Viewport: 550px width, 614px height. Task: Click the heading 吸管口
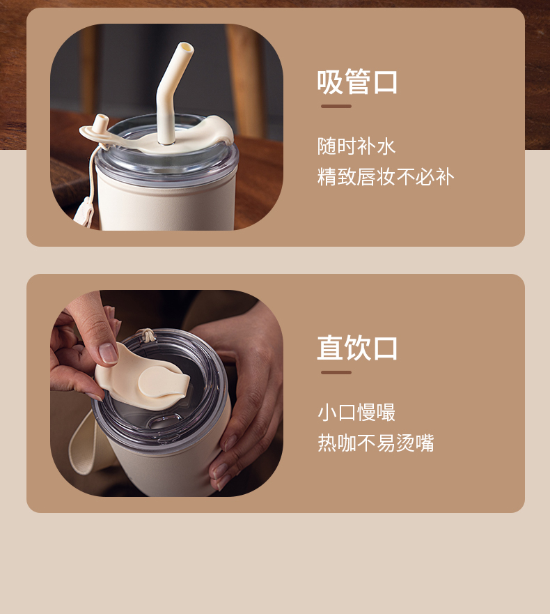357,82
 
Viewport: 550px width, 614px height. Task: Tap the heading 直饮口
357,348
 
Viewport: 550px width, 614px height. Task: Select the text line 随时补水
356,146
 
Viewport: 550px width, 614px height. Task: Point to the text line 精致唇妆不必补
386,176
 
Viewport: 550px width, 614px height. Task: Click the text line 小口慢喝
356,413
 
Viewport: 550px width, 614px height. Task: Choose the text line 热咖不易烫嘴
376,443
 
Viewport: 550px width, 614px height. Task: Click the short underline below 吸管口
336,106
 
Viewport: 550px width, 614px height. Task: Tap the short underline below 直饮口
336,372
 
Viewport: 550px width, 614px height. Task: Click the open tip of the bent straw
187,49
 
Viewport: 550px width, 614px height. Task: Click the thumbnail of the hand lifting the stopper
166,393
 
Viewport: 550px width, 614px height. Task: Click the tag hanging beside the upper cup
84,211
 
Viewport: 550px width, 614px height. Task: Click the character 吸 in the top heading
330,82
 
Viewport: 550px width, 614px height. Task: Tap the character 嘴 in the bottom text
425,443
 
